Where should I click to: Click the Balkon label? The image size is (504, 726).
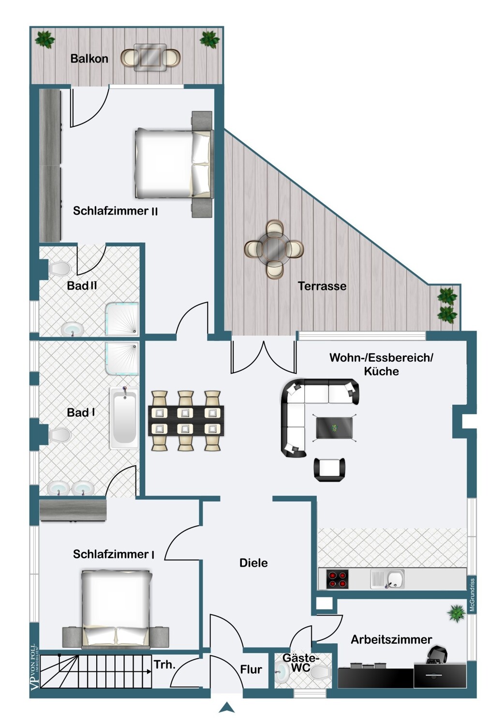pyautogui.click(x=89, y=59)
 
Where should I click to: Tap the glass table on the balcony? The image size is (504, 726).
pyautogui.click(x=150, y=57)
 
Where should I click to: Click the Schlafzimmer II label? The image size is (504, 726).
pyautogui.click(x=115, y=211)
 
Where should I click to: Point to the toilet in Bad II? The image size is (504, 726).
pyautogui.click(x=59, y=269)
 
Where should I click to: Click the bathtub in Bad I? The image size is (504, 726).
pyautogui.click(x=124, y=417)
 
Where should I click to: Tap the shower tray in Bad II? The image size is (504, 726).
pyautogui.click(x=122, y=319)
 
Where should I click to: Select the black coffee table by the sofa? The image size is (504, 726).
pyautogui.click(x=334, y=428)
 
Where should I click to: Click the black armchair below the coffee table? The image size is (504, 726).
pyautogui.click(x=329, y=469)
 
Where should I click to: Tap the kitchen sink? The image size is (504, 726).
pyautogui.click(x=387, y=579)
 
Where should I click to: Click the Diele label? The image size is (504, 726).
pyautogui.click(x=253, y=563)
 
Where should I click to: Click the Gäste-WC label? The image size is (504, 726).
pyautogui.click(x=300, y=663)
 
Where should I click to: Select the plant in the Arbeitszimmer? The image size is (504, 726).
pyautogui.click(x=457, y=613)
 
